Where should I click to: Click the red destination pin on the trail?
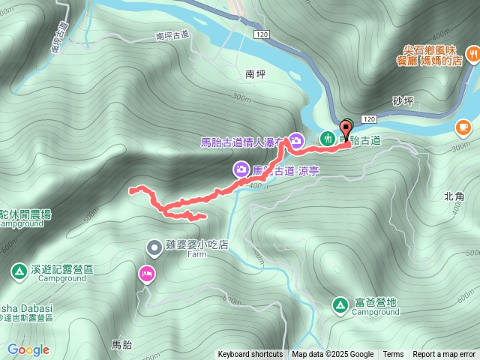tap(346, 129)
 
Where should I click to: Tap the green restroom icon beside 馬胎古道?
tap(328, 138)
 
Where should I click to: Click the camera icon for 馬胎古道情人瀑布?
tap(297, 140)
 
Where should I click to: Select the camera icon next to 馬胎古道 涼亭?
tap(241, 169)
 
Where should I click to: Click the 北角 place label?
tap(454, 196)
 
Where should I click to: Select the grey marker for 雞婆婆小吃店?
tap(153, 245)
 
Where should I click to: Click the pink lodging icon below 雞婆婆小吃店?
tap(145, 274)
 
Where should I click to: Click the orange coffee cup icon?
tap(463, 128)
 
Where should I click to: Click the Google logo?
tap(28, 349)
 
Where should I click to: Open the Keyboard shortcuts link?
tap(250, 355)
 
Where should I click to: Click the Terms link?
tap(393, 355)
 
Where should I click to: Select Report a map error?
tap(444, 355)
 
